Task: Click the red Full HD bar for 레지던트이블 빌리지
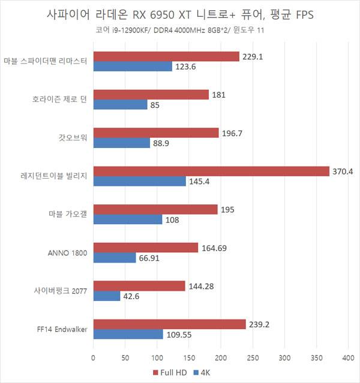point(211,171)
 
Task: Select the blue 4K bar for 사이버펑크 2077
point(107,296)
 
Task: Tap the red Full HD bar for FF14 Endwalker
point(169,324)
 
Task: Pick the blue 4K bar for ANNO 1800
point(115,258)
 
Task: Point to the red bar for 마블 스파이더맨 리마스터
point(166,56)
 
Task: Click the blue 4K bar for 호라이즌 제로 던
point(120,105)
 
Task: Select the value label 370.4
point(344,171)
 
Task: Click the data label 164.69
point(214,248)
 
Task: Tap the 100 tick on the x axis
point(157,358)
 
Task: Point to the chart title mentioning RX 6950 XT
point(179,13)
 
